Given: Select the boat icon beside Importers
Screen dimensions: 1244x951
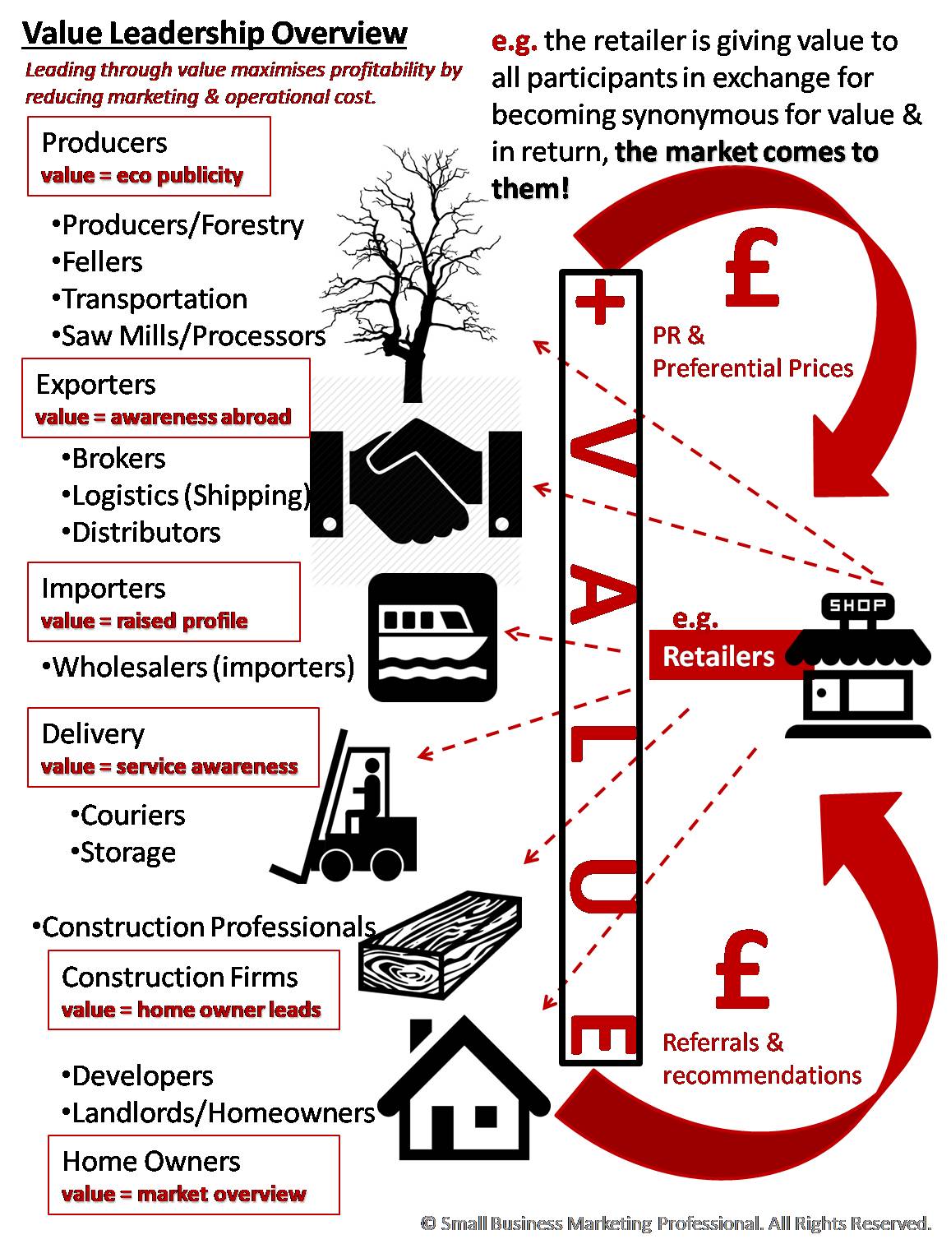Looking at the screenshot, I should click(433, 638).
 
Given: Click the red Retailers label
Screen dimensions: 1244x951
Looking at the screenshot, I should click(718, 655).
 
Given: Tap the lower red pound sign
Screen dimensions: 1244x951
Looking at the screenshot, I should click(741, 970).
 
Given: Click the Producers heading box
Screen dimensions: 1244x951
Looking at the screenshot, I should click(149, 156).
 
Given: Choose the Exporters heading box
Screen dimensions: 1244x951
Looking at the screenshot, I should click(165, 398).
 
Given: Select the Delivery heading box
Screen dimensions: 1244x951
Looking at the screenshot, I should click(173, 747).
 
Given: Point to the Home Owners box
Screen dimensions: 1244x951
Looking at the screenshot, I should click(193, 1175).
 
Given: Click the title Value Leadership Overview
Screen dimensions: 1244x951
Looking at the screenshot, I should click(215, 34).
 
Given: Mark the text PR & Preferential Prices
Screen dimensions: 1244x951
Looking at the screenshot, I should click(752, 352).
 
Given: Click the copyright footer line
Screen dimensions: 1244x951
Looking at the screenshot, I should click(676, 1223).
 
